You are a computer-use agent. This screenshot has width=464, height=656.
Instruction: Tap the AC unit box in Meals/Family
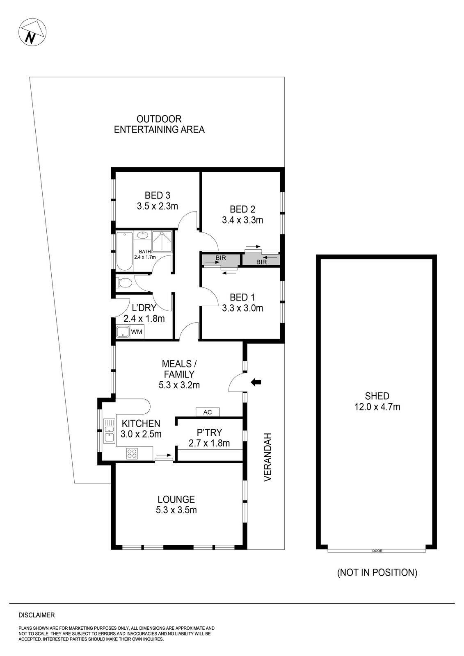click(x=208, y=412)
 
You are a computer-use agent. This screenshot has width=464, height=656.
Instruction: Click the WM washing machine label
click(x=137, y=332)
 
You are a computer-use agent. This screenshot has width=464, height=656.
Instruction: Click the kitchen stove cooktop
click(x=132, y=453)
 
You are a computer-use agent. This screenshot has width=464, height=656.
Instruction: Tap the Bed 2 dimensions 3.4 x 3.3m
click(x=242, y=220)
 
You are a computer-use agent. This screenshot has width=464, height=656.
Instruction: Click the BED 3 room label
click(x=158, y=195)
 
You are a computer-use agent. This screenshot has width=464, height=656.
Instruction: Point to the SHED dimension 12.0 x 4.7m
click(x=377, y=407)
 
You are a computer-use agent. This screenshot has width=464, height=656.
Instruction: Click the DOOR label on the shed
click(x=377, y=551)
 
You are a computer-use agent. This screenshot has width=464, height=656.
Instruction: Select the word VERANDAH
click(x=267, y=457)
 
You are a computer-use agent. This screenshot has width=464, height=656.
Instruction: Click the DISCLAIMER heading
click(x=37, y=615)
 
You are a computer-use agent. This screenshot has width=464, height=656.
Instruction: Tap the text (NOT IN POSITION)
click(x=377, y=573)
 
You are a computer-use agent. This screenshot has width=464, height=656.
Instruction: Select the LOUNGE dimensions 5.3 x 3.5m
click(x=176, y=510)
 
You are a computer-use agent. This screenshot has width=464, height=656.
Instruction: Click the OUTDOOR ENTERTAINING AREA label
click(x=159, y=124)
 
